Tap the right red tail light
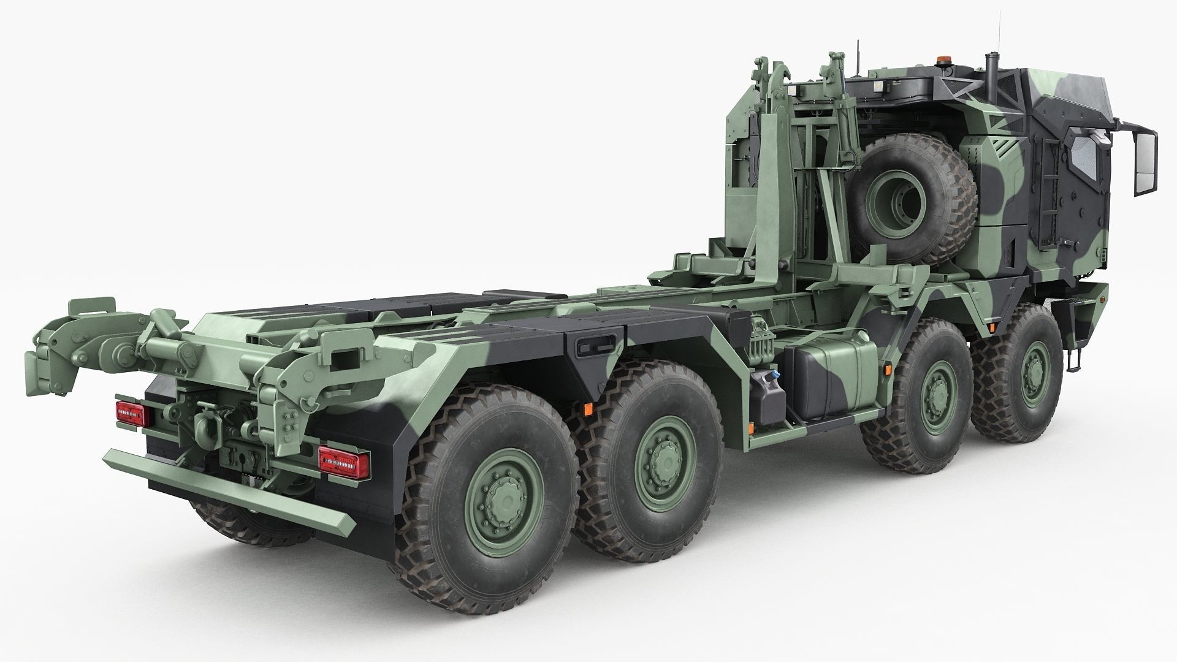tap(343, 458)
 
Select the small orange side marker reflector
tap(587, 408)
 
